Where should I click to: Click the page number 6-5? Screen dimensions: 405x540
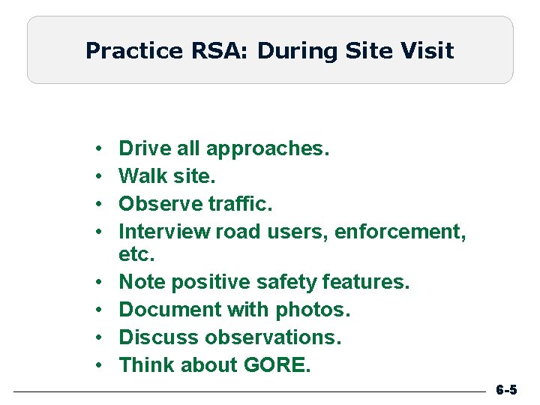click(x=506, y=391)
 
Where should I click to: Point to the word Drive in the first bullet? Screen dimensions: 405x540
click(x=145, y=148)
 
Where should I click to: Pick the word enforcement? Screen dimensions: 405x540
click(x=400, y=231)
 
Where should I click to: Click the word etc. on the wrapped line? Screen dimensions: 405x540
click(x=137, y=255)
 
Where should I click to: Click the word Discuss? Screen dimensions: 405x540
click(x=154, y=337)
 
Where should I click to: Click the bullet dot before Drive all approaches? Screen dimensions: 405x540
click(x=100, y=149)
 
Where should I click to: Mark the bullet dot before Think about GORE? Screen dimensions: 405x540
click(x=100, y=366)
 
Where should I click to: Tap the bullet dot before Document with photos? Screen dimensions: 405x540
click(x=100, y=310)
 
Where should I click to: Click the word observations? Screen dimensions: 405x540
click(x=268, y=337)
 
